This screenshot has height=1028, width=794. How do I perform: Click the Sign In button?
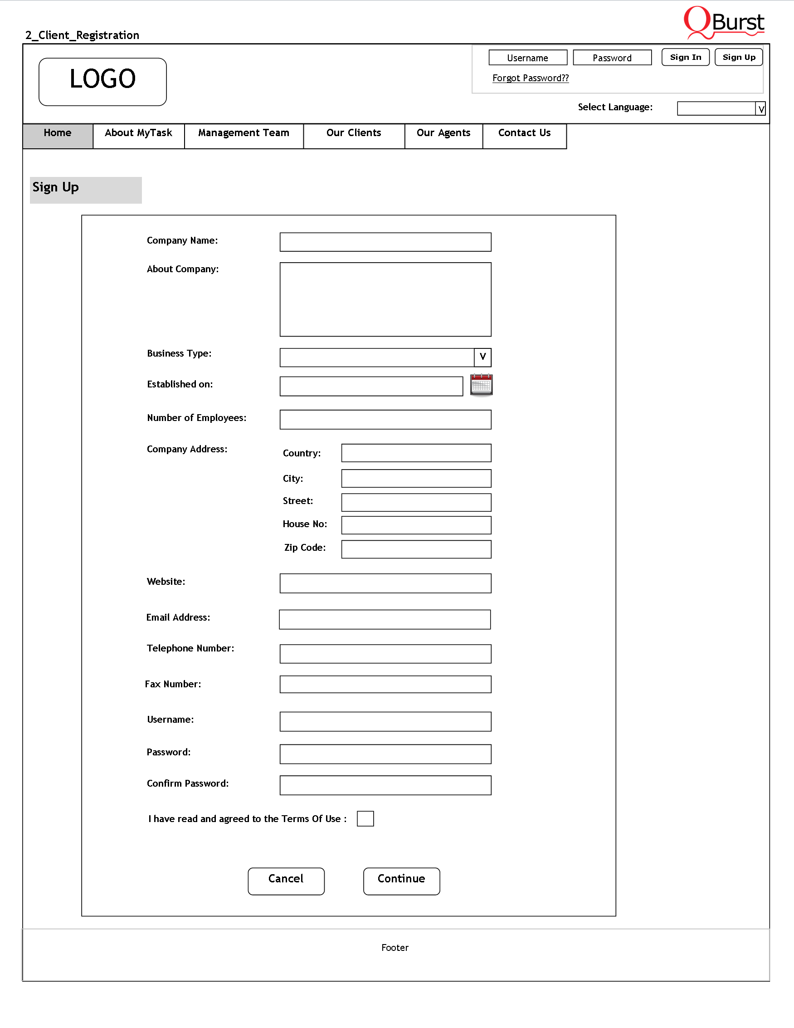[x=685, y=58]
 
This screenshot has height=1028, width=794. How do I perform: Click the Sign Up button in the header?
[x=739, y=58]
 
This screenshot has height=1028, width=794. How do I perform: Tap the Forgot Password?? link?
[x=530, y=78]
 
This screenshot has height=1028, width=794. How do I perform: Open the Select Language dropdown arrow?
[x=760, y=109]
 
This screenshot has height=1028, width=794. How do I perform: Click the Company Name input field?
[x=385, y=242]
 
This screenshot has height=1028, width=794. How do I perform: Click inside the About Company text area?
[x=385, y=299]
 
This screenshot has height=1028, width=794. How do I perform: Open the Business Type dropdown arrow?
[x=482, y=357]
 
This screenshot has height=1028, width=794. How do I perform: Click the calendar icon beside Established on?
[x=481, y=385]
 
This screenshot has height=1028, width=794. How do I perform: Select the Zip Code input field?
[x=416, y=549]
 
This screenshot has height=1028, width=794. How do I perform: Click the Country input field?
[x=416, y=453]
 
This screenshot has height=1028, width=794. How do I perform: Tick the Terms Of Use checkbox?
[x=365, y=818]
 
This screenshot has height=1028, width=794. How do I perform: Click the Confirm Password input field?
[x=385, y=785]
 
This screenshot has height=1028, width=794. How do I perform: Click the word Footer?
[x=395, y=948]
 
